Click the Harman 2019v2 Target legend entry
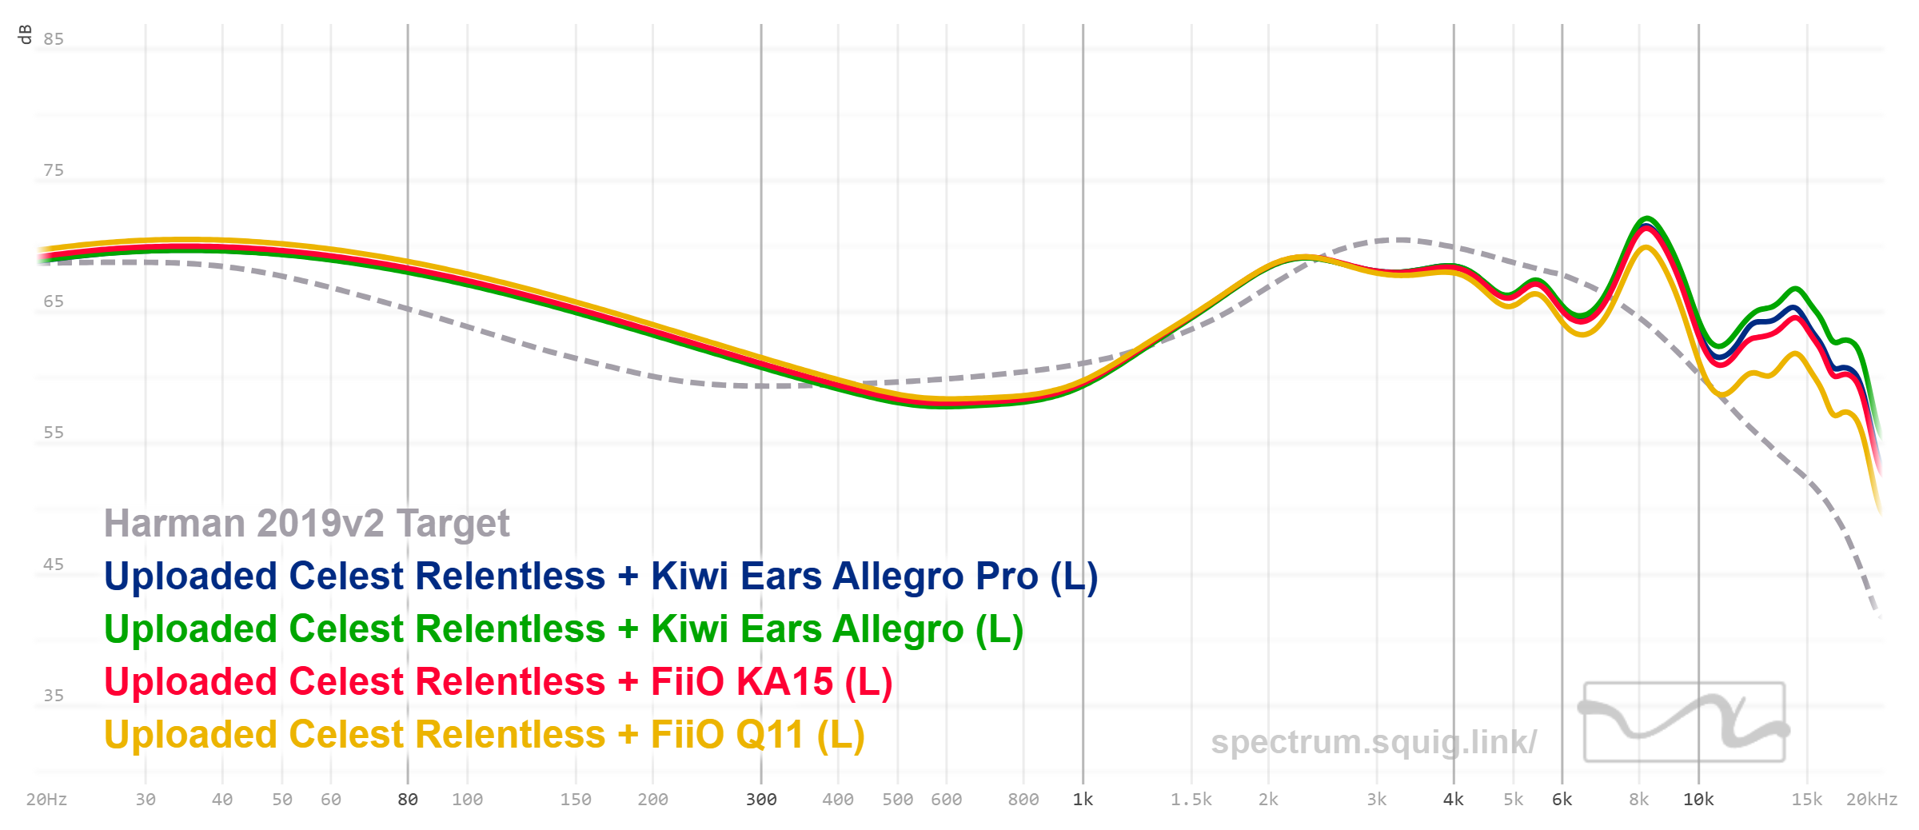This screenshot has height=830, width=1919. point(306,524)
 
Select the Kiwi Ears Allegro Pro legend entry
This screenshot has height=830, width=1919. point(600,577)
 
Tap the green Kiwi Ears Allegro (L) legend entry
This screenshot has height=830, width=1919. point(563,629)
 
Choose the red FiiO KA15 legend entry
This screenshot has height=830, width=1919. point(497,682)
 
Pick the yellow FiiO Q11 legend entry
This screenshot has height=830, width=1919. point(484,735)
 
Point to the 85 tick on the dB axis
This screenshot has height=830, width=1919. point(54,39)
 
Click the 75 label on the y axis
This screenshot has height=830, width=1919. point(54,170)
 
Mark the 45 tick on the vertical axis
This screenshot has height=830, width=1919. point(54,565)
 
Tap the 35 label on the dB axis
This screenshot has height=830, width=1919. point(54,696)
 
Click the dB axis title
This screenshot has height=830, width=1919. point(25,34)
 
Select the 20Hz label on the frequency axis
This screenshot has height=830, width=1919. point(46,800)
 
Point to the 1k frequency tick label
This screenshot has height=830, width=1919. point(1083,800)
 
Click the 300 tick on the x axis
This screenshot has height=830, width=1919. point(760,800)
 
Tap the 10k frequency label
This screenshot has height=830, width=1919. point(1698,800)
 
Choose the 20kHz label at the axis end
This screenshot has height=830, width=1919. point(1871,800)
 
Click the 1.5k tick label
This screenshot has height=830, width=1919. point(1191,800)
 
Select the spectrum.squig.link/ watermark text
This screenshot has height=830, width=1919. point(1373,742)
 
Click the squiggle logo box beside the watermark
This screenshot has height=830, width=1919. point(1684,722)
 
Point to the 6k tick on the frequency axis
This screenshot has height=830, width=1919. point(1562,800)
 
